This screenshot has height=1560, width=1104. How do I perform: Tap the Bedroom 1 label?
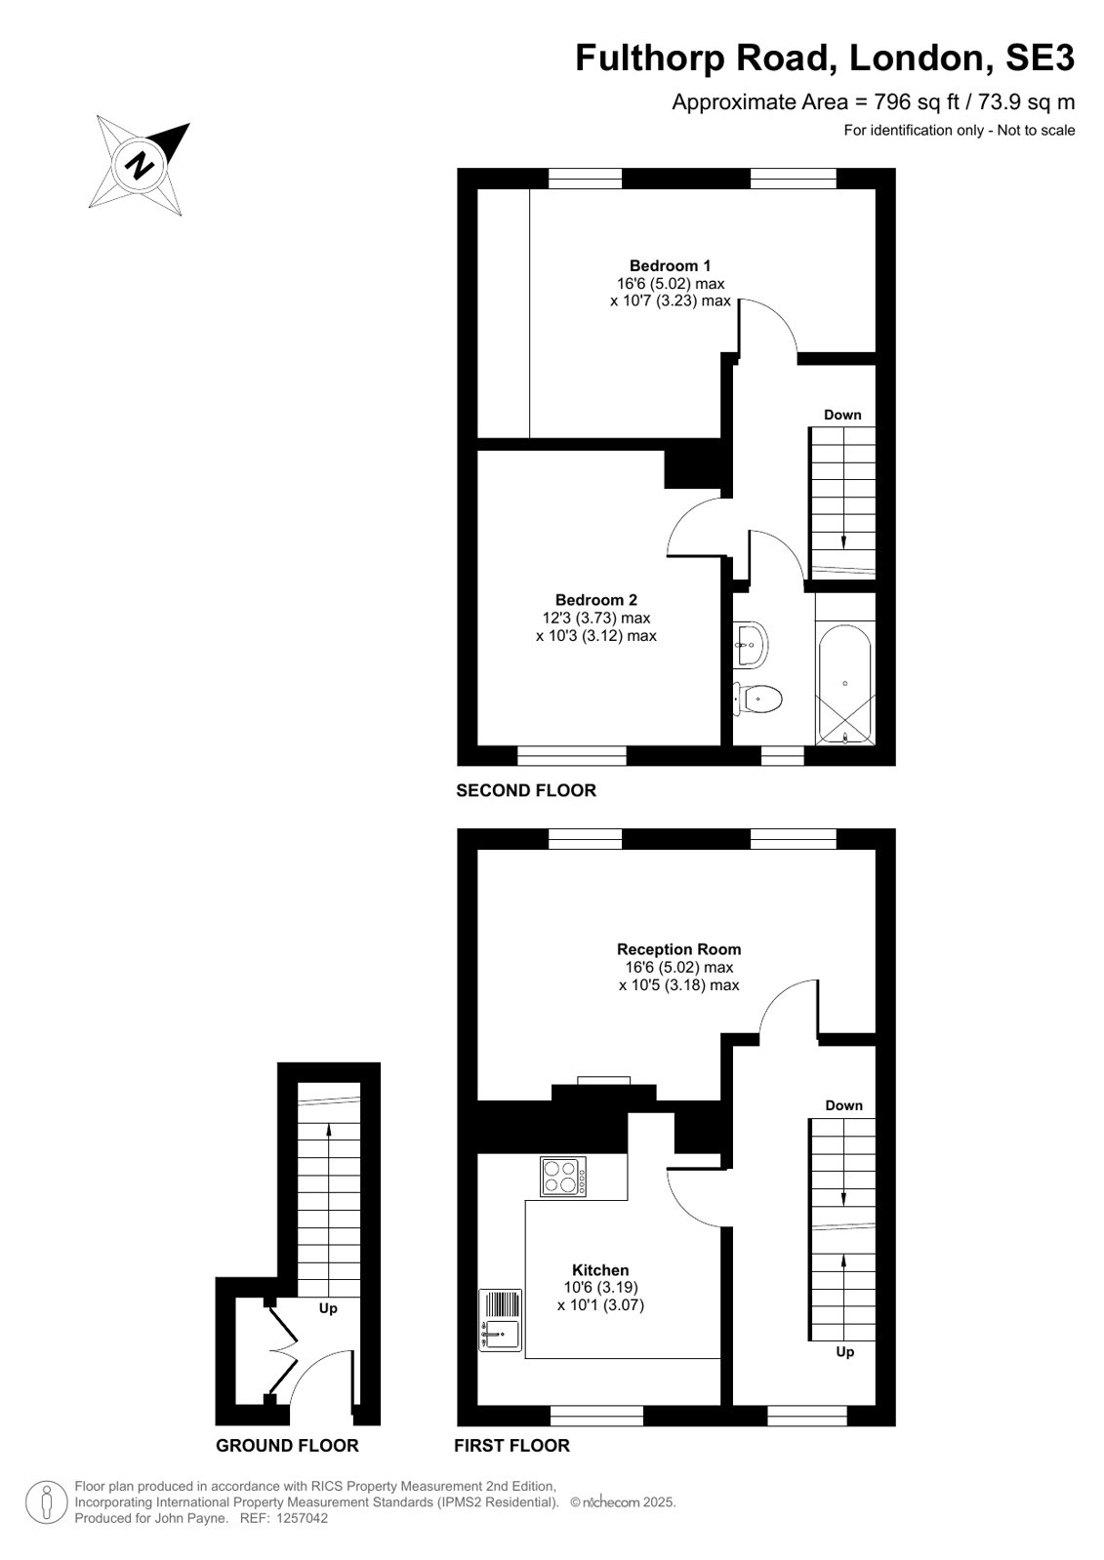pyautogui.click(x=670, y=265)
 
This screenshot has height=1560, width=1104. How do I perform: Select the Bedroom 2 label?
pyautogui.click(x=595, y=600)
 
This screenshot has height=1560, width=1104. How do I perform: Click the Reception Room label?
pyautogui.click(x=678, y=949)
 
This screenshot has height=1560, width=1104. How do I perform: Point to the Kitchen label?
pyautogui.click(x=600, y=1269)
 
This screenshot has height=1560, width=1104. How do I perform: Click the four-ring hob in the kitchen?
pyautogui.click(x=563, y=1177)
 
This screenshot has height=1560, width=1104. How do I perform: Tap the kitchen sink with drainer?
pyautogui.click(x=501, y=1320)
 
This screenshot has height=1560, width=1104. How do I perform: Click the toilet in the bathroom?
pyautogui.click(x=757, y=699)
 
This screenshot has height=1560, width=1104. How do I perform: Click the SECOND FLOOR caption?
pyautogui.click(x=526, y=790)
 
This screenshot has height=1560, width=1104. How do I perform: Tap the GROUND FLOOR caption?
pyautogui.click(x=287, y=1446)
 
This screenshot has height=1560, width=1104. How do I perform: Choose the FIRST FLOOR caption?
pyautogui.click(x=512, y=1446)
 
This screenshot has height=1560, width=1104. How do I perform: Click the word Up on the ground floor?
pyautogui.click(x=328, y=1308)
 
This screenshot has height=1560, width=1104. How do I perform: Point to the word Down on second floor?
pyautogui.click(x=842, y=415)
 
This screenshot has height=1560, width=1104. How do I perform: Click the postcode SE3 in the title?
pyautogui.click(x=1040, y=58)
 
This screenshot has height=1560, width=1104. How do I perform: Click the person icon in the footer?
pyautogui.click(x=47, y=1502)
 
